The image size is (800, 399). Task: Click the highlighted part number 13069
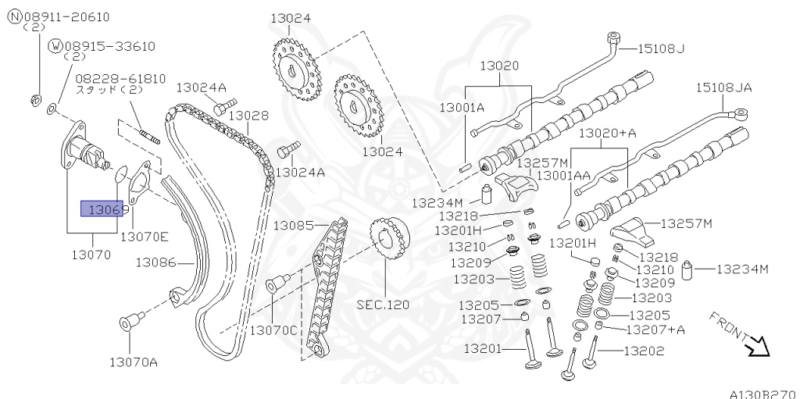tap(102, 210)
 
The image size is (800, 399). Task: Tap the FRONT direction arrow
tap(755, 344)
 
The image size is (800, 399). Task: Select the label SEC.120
tap(383, 305)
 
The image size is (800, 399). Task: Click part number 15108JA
tap(723, 87)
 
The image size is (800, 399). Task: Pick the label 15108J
tap(660, 48)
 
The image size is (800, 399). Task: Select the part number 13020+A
tap(607, 134)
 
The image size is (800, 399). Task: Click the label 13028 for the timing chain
tap(248, 116)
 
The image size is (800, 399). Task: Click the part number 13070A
tap(133, 362)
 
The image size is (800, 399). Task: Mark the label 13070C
tap(273, 330)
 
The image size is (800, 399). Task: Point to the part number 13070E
tap(145, 235)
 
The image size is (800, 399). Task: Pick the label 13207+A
tap(655, 330)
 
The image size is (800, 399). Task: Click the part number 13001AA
tap(569, 176)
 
